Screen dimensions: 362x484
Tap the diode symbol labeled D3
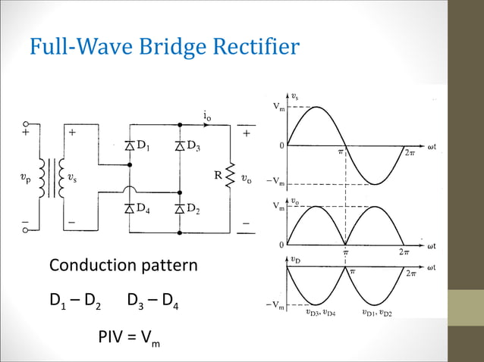tap(179, 145)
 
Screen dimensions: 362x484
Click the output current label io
tap(207, 115)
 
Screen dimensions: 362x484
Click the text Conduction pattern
tap(123, 267)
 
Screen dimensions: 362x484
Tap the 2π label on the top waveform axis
tap(410, 152)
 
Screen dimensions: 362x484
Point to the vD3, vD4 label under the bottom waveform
tap(320, 311)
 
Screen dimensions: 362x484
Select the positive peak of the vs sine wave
tap(316, 108)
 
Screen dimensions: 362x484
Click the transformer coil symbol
tap(55, 179)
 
